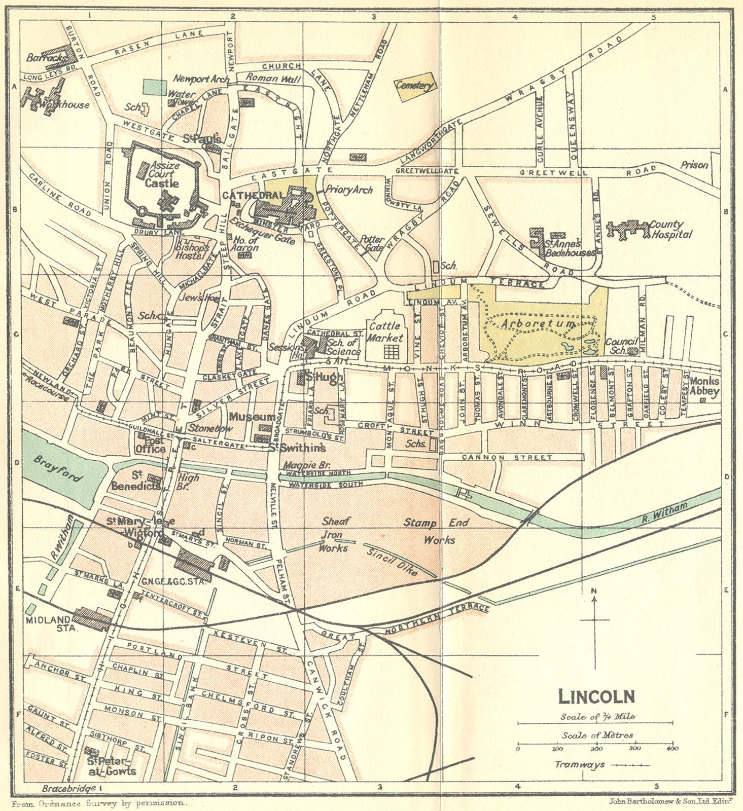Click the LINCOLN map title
596,696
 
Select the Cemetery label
415,86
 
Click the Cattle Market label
385,331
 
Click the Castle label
161,183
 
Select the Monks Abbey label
704,387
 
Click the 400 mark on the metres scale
673,749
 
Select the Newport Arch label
201,79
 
